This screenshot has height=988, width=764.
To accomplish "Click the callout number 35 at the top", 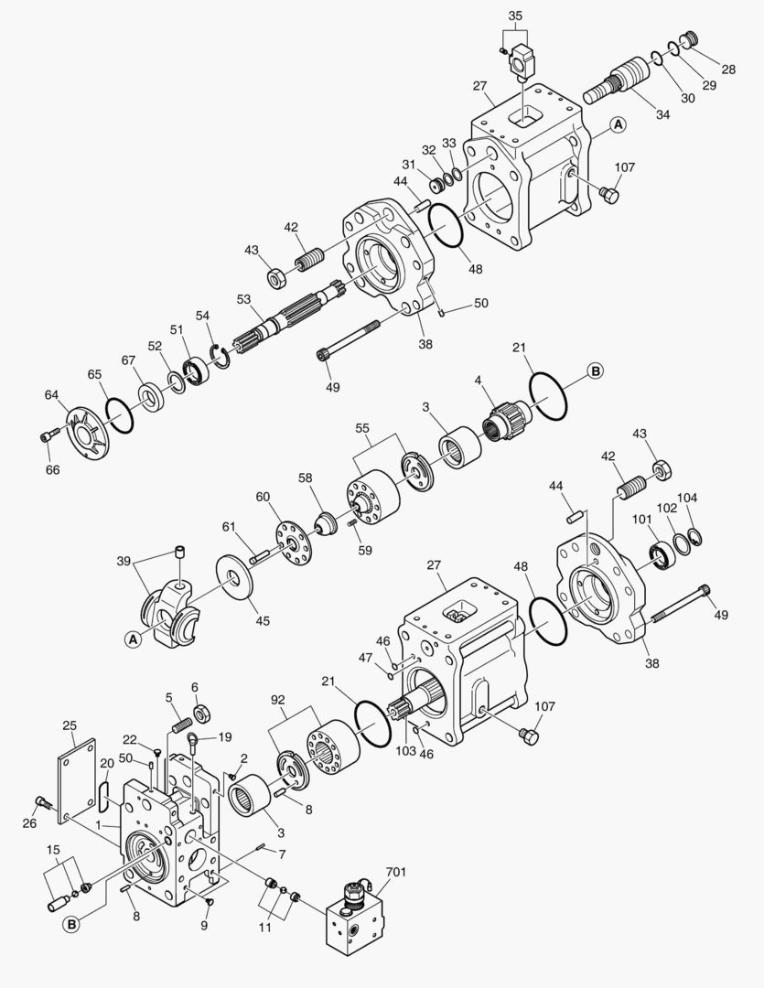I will click(515, 16).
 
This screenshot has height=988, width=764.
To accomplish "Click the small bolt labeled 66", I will click(48, 436).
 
